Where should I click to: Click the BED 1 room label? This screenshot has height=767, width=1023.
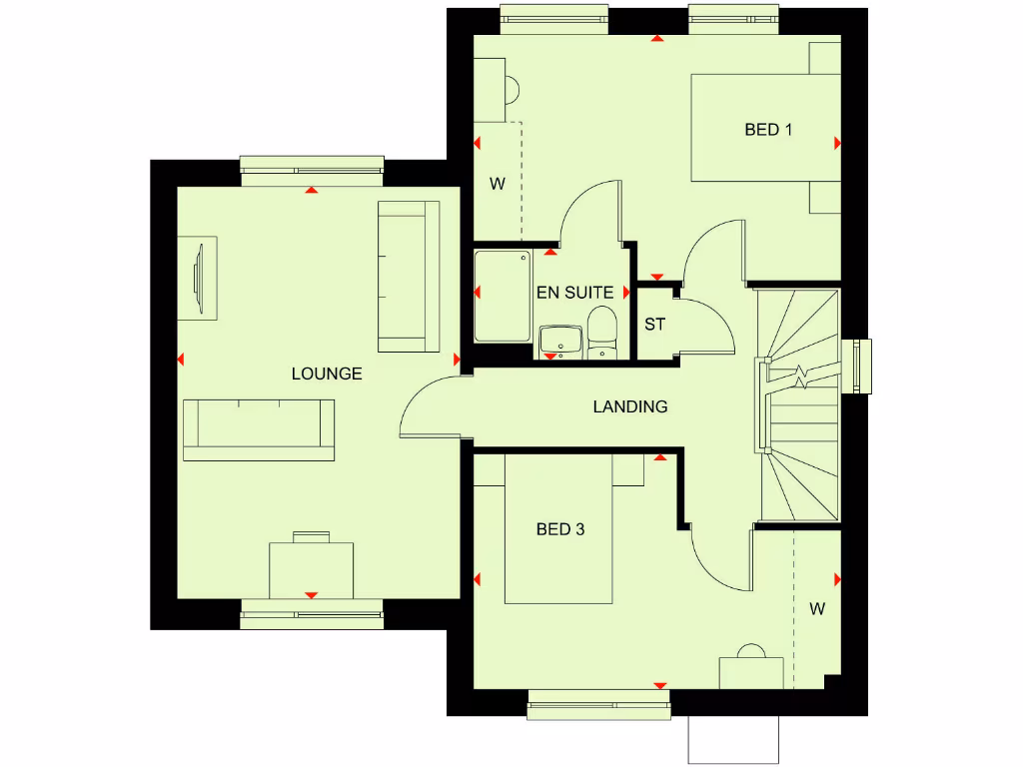click(x=768, y=130)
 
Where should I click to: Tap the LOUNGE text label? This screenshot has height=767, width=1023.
click(x=327, y=375)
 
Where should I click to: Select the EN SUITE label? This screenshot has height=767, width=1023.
click(x=574, y=293)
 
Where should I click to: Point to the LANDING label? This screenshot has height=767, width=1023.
click(x=629, y=406)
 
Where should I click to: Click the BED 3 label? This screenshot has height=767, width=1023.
click(x=560, y=529)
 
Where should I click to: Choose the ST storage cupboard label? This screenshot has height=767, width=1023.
click(x=654, y=325)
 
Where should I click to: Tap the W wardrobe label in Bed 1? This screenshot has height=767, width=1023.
click(x=497, y=184)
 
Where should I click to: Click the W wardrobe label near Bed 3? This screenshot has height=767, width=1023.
click(x=817, y=608)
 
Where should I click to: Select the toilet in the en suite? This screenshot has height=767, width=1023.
click(x=601, y=332)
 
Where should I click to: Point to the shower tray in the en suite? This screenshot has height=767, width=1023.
click(x=502, y=297)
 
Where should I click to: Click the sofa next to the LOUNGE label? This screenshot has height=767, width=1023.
click(x=259, y=429)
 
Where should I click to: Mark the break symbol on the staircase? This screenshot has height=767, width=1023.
click(x=802, y=377)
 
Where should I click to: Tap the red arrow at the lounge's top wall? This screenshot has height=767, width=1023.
click(x=312, y=189)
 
